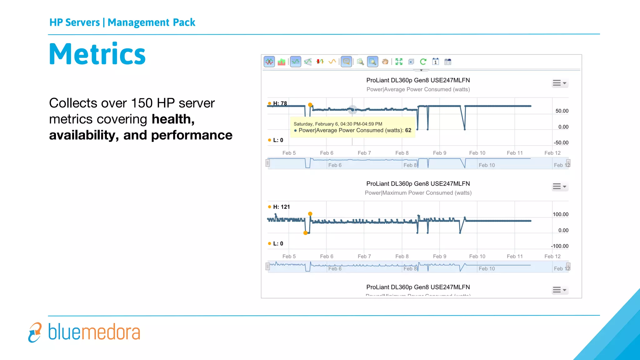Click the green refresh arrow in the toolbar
(423, 62)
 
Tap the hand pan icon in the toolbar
(385, 62)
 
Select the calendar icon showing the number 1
(435, 62)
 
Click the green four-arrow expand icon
(399, 62)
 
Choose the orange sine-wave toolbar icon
(332, 62)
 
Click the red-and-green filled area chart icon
(282, 62)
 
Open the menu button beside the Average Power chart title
(559, 83)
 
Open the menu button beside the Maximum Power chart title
(559, 187)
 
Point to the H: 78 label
(280, 103)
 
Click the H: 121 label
(281, 207)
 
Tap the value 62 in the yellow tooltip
(408, 130)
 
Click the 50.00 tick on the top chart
(562, 111)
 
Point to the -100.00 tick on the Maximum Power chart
(560, 246)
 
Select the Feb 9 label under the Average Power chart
(439, 153)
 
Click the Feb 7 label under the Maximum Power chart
(364, 256)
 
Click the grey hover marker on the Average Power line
(352, 110)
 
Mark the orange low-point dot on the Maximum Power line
(305, 233)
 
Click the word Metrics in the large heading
(97, 54)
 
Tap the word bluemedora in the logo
(94, 332)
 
